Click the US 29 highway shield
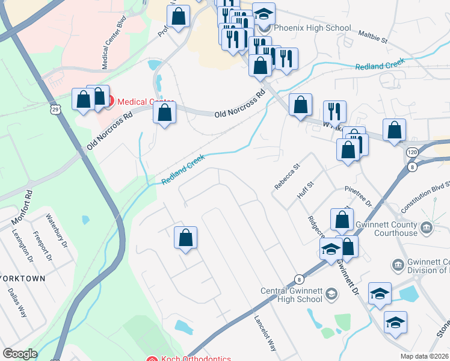click(55, 110)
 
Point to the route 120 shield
click(411, 153)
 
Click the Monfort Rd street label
click(21, 206)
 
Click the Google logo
click(20, 354)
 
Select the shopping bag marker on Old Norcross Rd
click(164, 113)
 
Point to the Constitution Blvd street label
click(425, 196)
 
